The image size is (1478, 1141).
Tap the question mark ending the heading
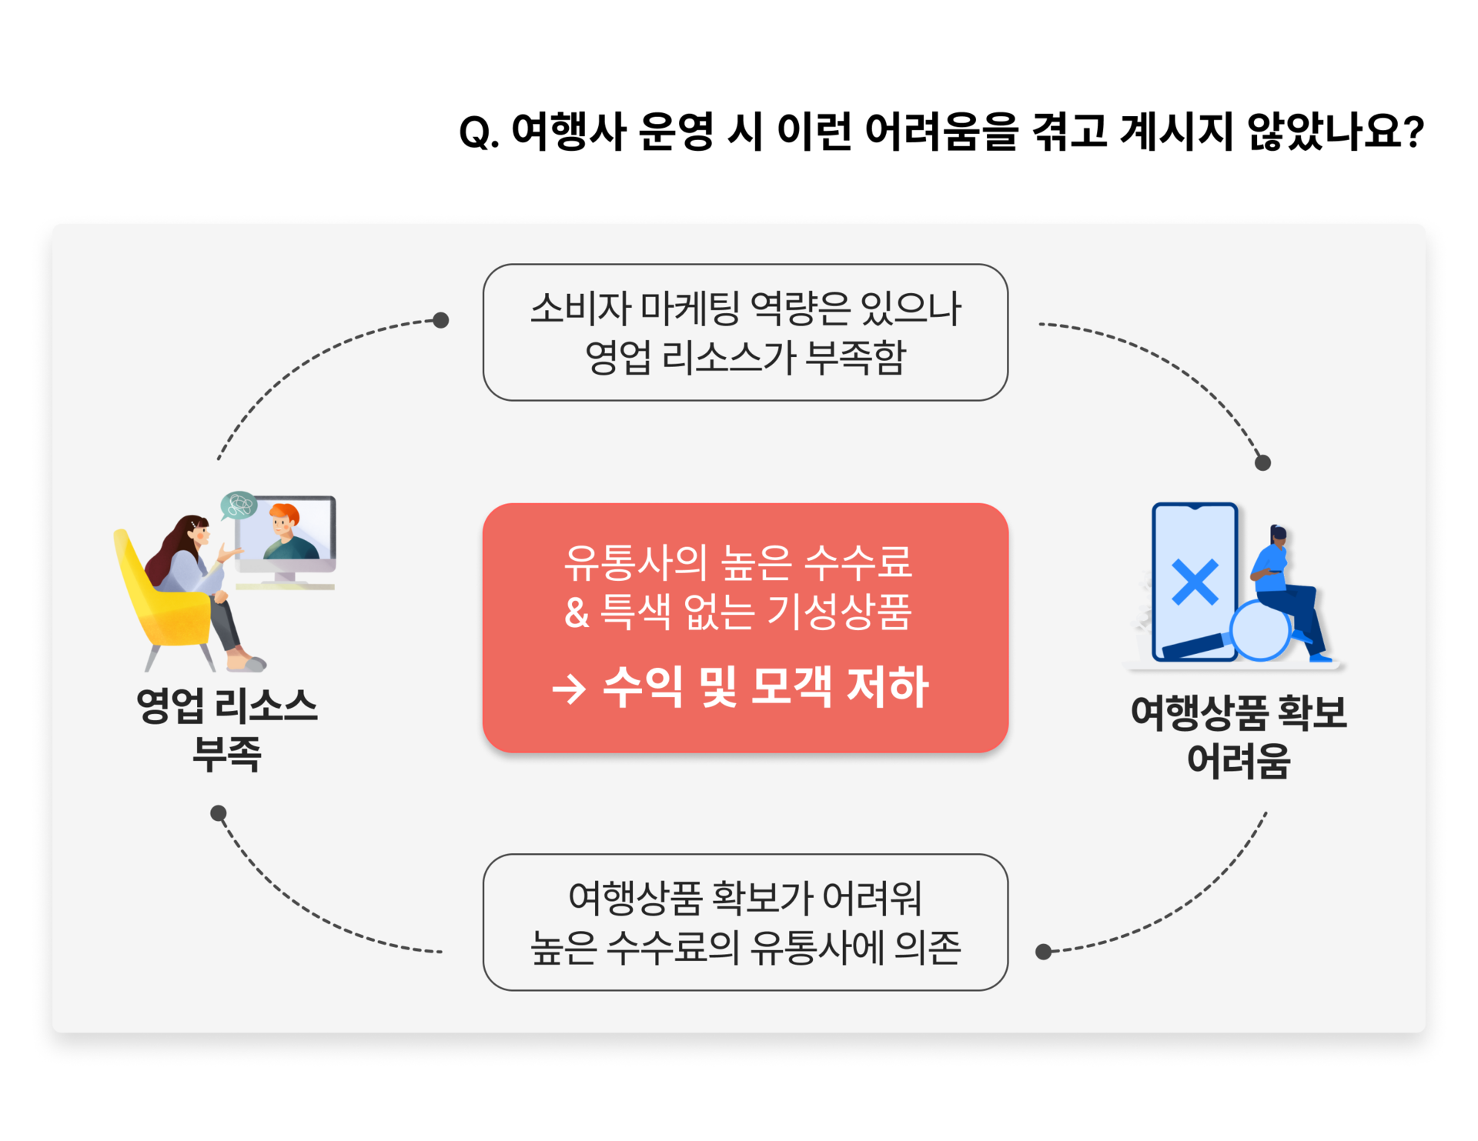coord(1413,132)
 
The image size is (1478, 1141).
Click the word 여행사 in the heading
coord(568,131)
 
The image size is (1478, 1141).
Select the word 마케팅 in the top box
coord(691,308)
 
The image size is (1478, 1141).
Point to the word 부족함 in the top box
coord(855,357)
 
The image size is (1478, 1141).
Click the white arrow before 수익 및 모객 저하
coord(570,689)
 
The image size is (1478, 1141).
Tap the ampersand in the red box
coord(577,613)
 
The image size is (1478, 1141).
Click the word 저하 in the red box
coord(888,686)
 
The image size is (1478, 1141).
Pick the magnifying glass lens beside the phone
coord(1260,630)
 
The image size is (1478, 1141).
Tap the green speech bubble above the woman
coord(239,505)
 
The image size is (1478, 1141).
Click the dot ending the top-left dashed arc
coord(441,320)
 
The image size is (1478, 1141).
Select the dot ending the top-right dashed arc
coord(1263,462)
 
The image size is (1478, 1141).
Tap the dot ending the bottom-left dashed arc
coord(219,813)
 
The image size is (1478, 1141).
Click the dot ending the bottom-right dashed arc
coord(1044,952)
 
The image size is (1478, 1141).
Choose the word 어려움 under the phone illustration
coord(1239,761)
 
